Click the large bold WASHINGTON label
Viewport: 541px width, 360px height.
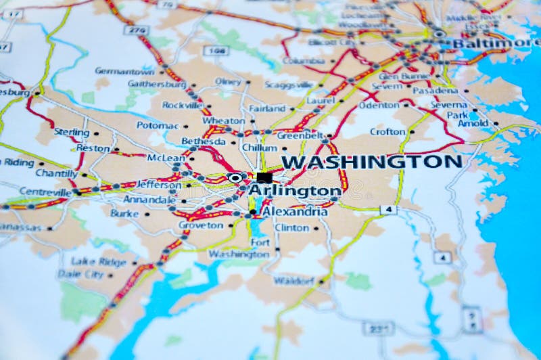coord(371,162)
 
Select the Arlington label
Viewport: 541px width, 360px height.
coord(295,191)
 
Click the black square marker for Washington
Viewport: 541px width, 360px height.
coord(264,177)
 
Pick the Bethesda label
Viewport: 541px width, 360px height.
coord(203,141)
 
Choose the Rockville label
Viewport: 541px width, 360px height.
coord(182,105)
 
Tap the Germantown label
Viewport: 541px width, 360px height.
coord(124,70)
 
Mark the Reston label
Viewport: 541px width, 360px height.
coord(93,148)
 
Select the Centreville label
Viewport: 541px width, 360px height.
coord(45,192)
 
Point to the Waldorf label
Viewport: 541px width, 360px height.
coord(294,280)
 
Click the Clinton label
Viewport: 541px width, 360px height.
coord(292,227)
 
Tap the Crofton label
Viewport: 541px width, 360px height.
coord(387,131)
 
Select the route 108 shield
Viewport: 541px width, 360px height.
coord(216,50)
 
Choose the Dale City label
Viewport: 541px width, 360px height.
coord(80,274)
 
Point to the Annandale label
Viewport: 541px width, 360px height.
coord(149,200)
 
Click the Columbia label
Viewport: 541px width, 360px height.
coord(303,60)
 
